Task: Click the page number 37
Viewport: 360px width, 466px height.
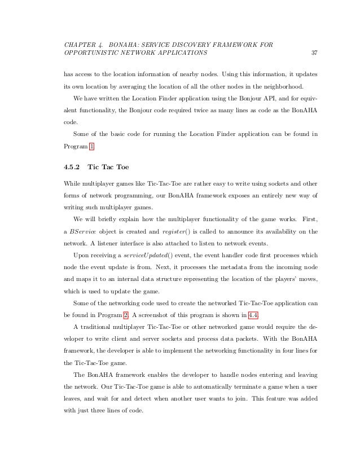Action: pyautogui.click(x=314, y=54)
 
